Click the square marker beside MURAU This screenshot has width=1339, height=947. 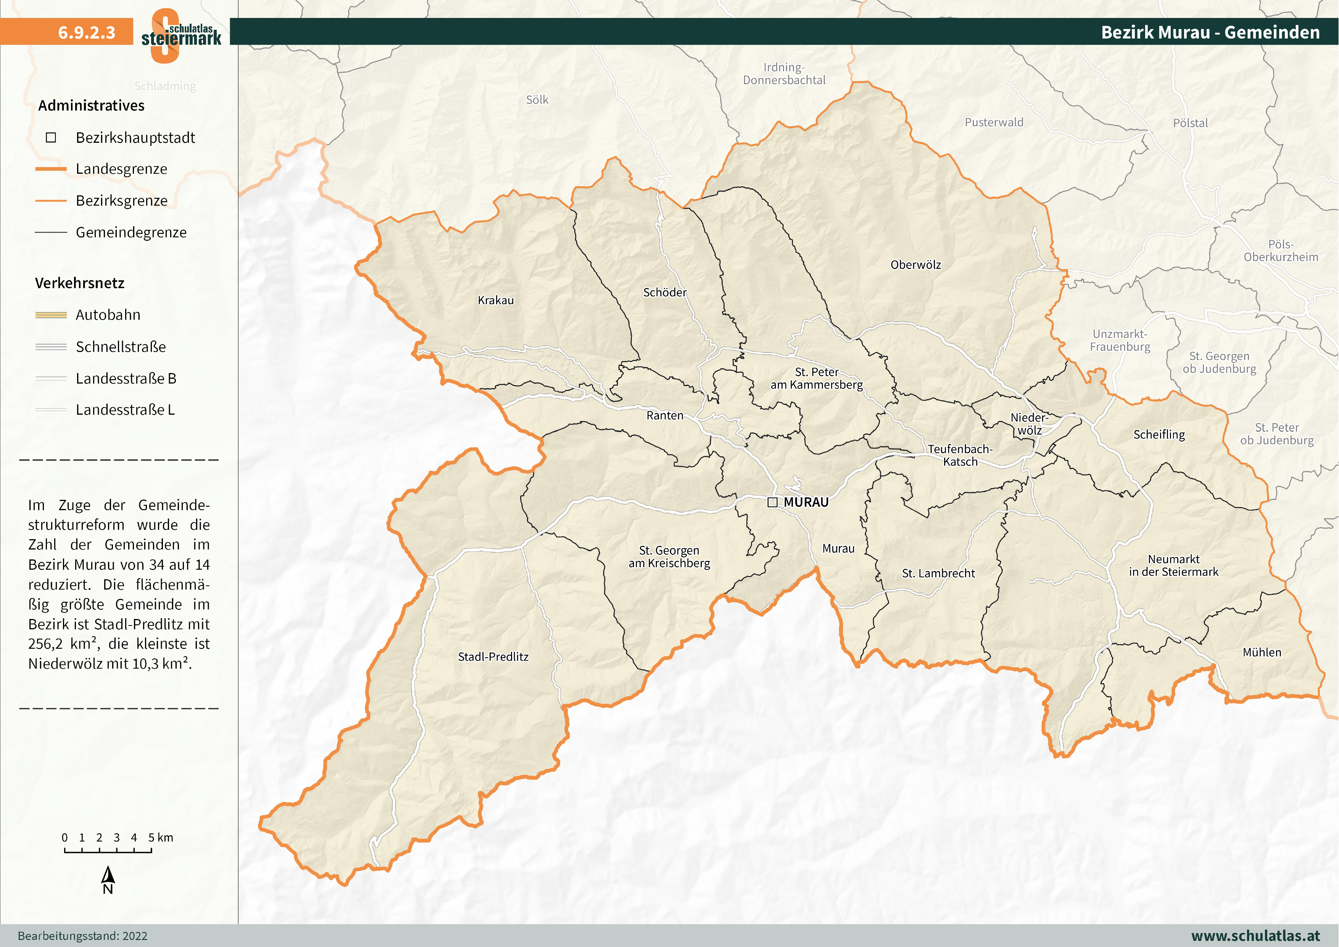pyautogui.click(x=772, y=503)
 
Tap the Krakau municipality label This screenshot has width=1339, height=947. pyautogui.click(x=496, y=301)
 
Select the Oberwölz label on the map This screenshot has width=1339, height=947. pyautogui.click(x=915, y=265)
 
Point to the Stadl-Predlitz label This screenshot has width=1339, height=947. pyautogui.click(x=493, y=657)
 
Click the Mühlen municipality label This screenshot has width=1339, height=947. pyautogui.click(x=1262, y=652)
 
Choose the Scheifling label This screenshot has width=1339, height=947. pyautogui.click(x=1159, y=435)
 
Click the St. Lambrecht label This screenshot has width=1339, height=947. pyautogui.click(x=938, y=574)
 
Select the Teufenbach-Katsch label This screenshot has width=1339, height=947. pyautogui.click(x=960, y=455)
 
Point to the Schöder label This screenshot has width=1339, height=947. pyautogui.click(x=665, y=293)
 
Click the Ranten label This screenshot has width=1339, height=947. pyautogui.click(x=665, y=415)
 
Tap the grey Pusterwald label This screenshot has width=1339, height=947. pyautogui.click(x=994, y=123)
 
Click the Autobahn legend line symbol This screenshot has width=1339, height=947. pyautogui.click(x=51, y=315)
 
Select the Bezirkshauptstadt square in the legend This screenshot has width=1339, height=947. pyautogui.click(x=51, y=138)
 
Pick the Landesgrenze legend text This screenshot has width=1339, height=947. pyautogui.click(x=121, y=169)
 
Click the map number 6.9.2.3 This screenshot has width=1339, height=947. pyautogui.click(x=86, y=32)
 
